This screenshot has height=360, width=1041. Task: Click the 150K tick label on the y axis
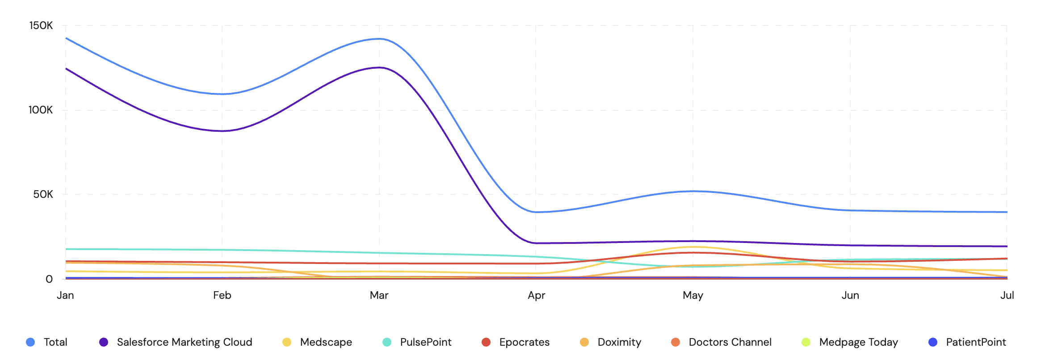tap(41, 25)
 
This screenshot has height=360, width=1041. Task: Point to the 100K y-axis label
tap(41, 110)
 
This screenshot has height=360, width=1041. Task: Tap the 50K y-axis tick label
tap(43, 194)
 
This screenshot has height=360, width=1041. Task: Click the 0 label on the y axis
tap(49, 279)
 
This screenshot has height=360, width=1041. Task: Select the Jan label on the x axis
tap(65, 295)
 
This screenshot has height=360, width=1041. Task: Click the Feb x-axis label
tap(222, 295)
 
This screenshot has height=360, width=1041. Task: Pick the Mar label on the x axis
tap(379, 295)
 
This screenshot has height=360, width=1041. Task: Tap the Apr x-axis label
tap(536, 295)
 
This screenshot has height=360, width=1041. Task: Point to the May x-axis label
tap(693, 295)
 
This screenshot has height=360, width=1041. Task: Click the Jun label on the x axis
tap(850, 295)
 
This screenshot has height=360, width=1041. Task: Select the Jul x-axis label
tap(1007, 295)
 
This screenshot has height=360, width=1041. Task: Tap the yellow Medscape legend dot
tap(287, 342)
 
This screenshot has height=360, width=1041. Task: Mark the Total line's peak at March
tap(379, 39)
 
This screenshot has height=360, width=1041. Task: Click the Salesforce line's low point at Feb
tap(222, 131)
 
